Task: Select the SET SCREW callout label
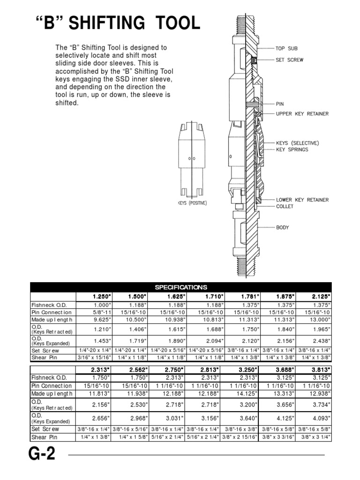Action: coord(289,60)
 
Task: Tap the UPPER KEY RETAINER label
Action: coord(302,114)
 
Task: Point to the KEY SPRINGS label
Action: coord(292,150)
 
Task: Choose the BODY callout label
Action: coord(283,228)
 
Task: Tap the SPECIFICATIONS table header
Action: coord(180,287)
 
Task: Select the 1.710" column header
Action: coord(214,296)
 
